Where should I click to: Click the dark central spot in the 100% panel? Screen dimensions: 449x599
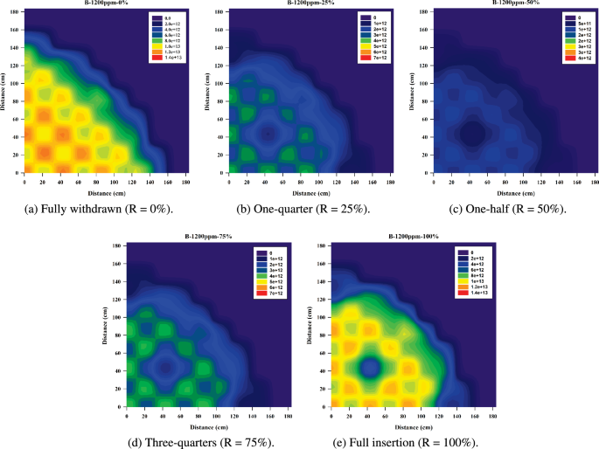(x=370, y=366)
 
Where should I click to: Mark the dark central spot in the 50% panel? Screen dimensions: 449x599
(x=472, y=133)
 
